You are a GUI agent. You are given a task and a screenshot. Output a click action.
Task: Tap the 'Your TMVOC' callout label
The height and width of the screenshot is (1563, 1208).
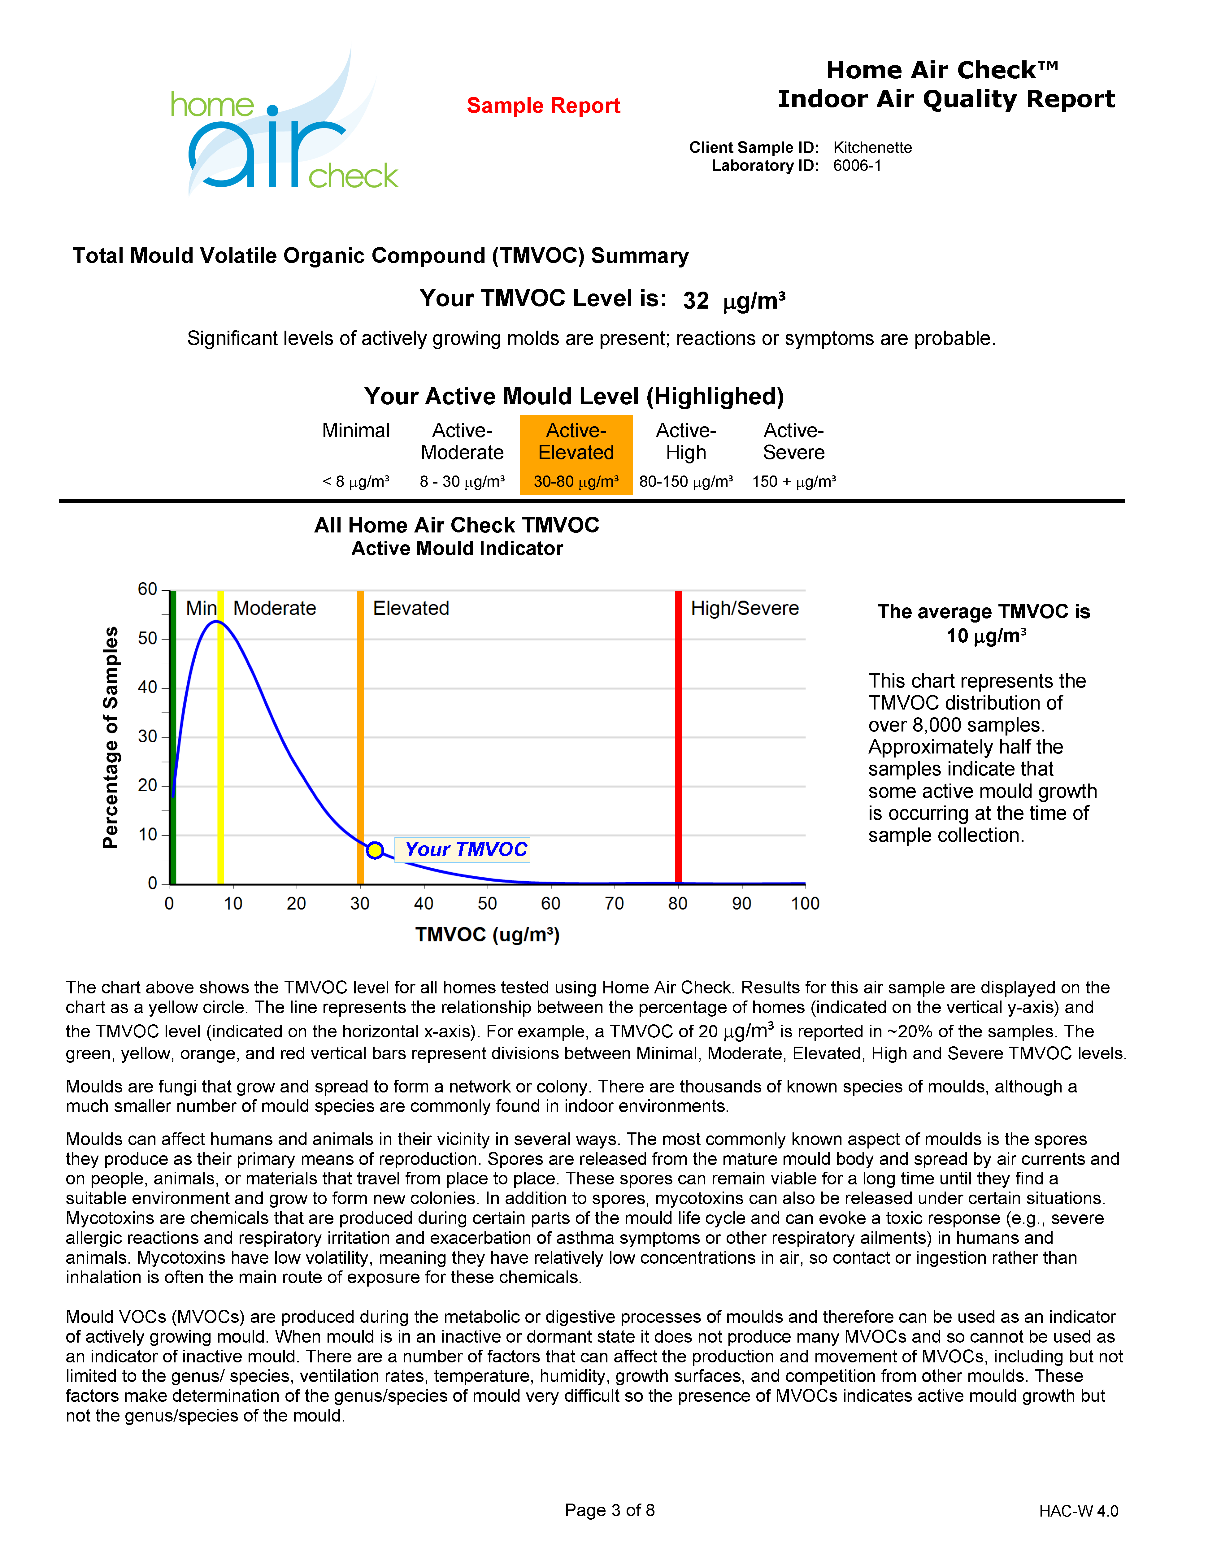[x=465, y=849]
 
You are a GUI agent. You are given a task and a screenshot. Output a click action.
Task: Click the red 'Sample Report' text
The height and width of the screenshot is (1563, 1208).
[x=543, y=106]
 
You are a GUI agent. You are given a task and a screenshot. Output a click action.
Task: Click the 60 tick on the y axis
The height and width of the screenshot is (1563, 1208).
[x=147, y=590]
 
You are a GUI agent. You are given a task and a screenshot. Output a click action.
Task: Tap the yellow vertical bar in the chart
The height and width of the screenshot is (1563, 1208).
[x=220, y=737]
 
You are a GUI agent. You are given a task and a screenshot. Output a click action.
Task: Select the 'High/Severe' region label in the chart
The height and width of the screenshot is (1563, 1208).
[x=744, y=608]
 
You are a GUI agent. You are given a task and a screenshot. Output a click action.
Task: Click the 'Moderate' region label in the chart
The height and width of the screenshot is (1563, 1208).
[x=275, y=608]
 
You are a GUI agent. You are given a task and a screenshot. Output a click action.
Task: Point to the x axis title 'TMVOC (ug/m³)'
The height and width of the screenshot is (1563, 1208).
[x=487, y=935]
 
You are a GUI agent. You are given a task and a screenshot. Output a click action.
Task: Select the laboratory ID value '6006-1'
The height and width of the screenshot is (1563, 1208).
[x=857, y=166]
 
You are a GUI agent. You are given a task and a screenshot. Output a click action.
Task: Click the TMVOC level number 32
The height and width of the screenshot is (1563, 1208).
[x=696, y=301]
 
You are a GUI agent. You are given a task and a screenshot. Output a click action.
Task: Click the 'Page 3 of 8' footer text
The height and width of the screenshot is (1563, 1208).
[x=610, y=1510]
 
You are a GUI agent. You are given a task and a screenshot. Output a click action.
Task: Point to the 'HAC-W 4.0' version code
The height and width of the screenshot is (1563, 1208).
[x=1079, y=1511]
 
